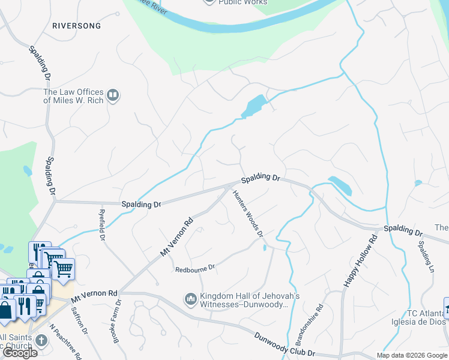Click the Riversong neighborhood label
tap(77, 26)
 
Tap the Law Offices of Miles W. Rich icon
tap(112, 95)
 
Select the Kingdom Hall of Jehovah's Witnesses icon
tap(191, 298)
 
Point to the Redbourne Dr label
tap(194, 269)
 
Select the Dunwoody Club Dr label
tap(286, 346)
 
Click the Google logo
tap(20, 353)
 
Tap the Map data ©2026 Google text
tap(412, 355)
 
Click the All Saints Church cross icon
tap(41, 341)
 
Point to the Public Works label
tap(243, 2)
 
